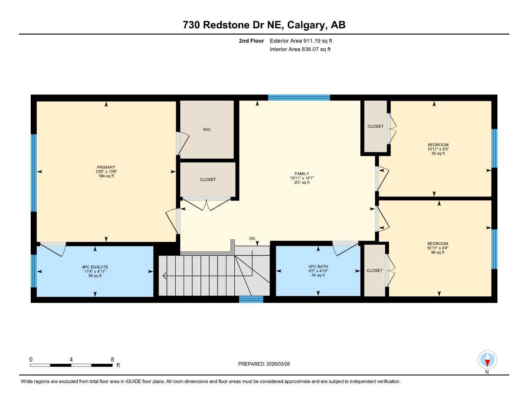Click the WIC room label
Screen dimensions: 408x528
[207, 129]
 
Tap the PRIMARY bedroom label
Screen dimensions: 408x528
[106, 167]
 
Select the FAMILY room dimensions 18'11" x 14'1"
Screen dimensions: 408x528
[302, 178]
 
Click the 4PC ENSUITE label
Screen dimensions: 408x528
[95, 267]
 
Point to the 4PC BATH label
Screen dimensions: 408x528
[318, 267]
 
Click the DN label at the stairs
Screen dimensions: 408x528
[252, 239]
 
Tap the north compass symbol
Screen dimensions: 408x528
[487, 360]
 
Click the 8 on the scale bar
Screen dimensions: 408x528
[112, 359]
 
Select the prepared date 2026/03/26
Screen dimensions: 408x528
[278, 364]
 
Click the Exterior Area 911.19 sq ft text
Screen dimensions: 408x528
[301, 41]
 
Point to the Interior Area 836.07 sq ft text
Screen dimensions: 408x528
[300, 49]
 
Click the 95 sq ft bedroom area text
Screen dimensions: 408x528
[438, 153]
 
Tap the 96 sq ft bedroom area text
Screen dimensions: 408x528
[438, 252]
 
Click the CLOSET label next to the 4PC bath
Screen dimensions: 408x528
[375, 271]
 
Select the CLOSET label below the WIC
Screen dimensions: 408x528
[208, 180]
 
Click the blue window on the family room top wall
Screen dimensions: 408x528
[299, 98]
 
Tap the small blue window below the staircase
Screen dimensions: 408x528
[251, 299]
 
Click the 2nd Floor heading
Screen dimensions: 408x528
[251, 41]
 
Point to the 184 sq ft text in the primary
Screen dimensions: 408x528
[106, 176]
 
